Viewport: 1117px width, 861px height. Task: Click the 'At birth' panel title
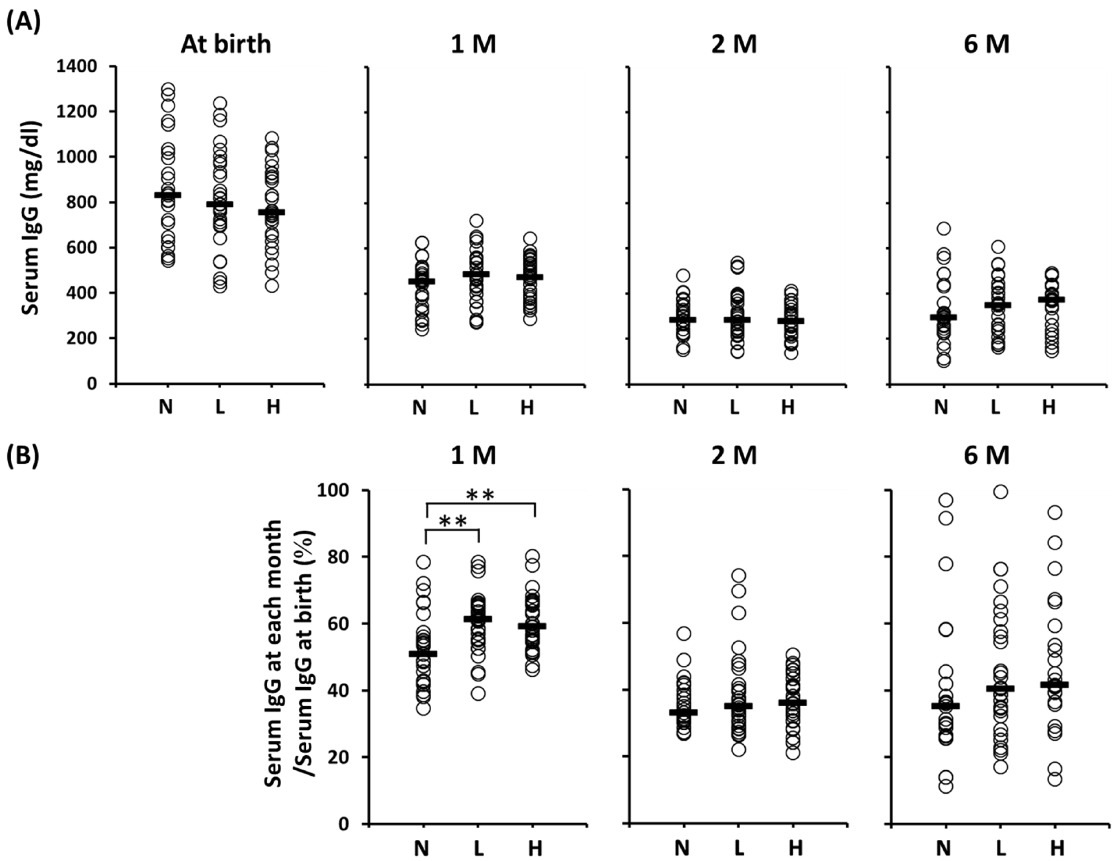226,45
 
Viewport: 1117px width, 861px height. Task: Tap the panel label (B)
23,456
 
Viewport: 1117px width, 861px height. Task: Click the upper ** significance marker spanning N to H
480,495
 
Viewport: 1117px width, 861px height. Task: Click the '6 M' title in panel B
986,456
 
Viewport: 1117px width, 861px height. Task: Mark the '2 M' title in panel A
734,45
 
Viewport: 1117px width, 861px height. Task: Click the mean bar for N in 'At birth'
168,195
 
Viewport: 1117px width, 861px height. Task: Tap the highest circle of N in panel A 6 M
944,228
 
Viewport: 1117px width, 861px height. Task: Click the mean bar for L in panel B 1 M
478,619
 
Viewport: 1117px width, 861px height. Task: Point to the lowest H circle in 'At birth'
272,285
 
